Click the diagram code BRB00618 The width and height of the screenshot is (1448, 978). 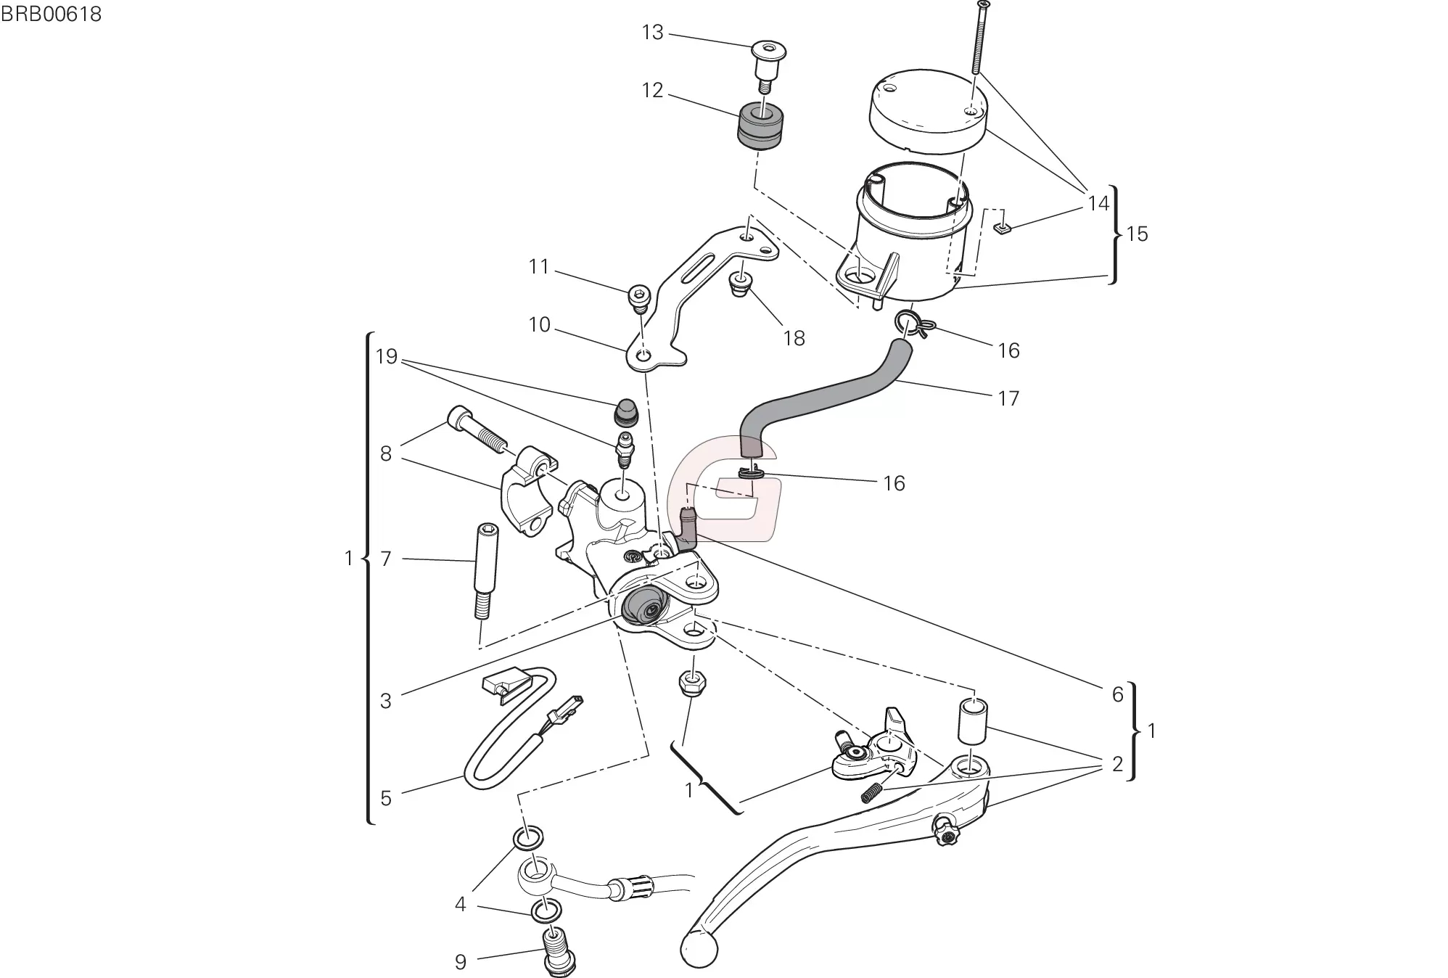point(51,14)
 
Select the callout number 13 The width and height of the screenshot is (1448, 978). point(652,33)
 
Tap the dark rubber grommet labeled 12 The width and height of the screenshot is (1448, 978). point(761,127)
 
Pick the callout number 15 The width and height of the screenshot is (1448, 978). point(1137,234)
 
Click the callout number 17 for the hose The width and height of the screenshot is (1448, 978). point(1008,398)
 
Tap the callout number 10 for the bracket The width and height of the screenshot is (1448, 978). point(539,324)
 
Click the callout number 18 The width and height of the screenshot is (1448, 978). point(794,338)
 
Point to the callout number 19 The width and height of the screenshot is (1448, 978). point(387,356)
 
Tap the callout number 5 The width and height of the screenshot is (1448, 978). point(386,798)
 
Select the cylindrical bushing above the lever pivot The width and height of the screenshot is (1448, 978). point(974,720)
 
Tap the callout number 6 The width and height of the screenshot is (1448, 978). point(1117,694)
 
